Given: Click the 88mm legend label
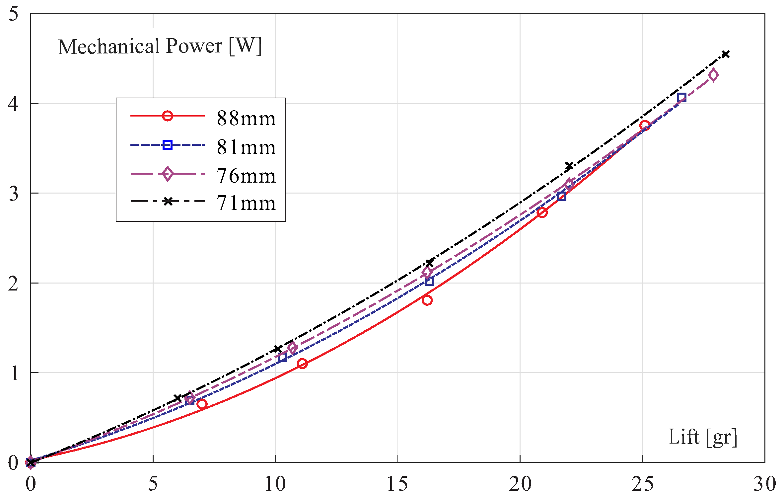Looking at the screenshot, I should coord(246,118).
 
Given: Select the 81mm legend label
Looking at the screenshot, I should coord(246,147).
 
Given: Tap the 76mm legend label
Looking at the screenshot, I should coord(246,176).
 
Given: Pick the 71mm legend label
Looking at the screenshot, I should coord(246,203).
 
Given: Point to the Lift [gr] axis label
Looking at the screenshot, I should coord(703,437).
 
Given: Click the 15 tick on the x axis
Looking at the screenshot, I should coord(397,484).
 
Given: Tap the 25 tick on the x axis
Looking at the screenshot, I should coord(642,484).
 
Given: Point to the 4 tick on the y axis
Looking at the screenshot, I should coord(13,104).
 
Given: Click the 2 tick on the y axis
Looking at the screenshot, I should coord(13,283).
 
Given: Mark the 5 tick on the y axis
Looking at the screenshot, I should coord(13,14).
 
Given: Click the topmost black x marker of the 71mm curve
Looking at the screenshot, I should coord(726,54).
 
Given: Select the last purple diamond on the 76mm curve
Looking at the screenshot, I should coord(713,75).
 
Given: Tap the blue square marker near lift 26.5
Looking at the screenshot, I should coord(682,97).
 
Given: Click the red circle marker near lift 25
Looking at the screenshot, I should coord(645,125).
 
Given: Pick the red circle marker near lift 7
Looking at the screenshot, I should coord(202,404).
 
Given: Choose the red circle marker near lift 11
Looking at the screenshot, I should coord(302,364).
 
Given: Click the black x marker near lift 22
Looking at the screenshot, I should coord(569,166).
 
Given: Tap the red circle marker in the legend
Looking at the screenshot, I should coord(168,116).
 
